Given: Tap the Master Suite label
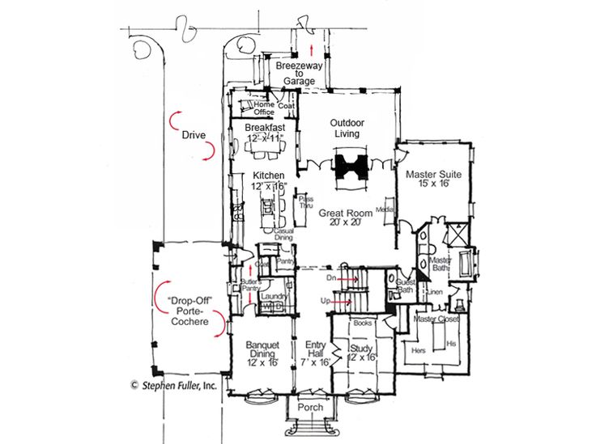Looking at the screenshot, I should tap(432, 179).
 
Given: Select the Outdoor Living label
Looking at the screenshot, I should tap(345, 128).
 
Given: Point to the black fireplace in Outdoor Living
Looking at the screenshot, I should tap(349, 165).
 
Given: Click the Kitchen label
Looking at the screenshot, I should tap(268, 181).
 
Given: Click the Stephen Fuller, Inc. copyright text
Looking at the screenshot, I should tap(173, 386).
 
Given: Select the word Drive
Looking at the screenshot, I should tap(193, 134).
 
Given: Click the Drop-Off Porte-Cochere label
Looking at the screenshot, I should tap(188, 311).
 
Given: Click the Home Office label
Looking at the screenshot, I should tap(264, 108).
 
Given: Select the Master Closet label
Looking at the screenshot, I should tap(436, 319).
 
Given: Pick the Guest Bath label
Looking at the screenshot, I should tap(406, 285).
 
